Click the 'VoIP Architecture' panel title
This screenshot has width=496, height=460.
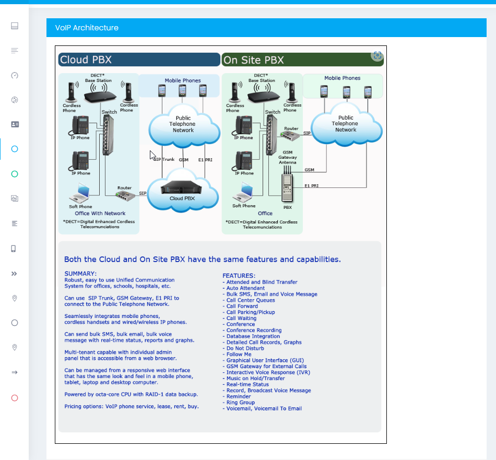tap(87, 28)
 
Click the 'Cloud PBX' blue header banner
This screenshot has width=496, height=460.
tap(138, 60)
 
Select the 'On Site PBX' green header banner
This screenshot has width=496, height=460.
tap(302, 60)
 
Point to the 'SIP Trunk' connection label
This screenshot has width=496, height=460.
tap(164, 159)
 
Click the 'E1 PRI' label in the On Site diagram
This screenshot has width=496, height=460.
tap(311, 185)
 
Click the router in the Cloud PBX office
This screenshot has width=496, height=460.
tap(124, 195)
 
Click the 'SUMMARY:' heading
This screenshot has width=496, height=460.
tap(80, 274)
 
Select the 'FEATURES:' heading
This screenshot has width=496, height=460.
tap(239, 276)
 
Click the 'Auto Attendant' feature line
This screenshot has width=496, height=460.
tap(245, 288)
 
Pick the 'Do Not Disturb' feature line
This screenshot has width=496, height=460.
tap(245, 348)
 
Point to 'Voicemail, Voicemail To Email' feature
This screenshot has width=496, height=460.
tap(264, 408)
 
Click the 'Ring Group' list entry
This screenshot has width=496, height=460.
tap(240, 403)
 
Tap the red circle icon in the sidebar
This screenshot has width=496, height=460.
tap(15, 398)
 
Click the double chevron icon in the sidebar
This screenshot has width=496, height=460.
tap(15, 273)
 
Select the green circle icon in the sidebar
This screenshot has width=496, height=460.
tap(15, 174)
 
